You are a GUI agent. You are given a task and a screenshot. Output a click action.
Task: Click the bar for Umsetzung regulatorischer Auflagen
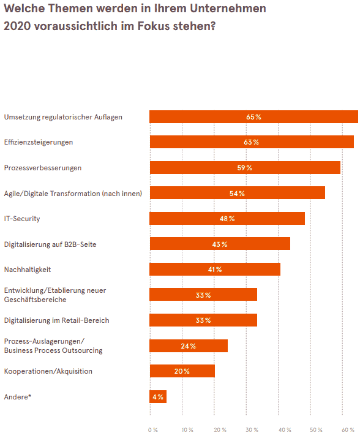coord(253,117)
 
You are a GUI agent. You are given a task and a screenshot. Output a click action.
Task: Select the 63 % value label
coord(252,142)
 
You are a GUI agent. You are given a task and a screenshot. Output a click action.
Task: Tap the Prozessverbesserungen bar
coord(245,168)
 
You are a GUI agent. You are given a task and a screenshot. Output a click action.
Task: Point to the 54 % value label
coord(237,194)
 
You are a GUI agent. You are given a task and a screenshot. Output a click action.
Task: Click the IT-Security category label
coord(22,219)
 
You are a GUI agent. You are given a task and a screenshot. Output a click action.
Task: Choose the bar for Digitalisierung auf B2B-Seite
coord(220,244)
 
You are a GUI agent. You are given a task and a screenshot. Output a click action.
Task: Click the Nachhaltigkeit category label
coord(28,270)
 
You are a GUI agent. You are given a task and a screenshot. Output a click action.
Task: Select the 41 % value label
coord(215,270)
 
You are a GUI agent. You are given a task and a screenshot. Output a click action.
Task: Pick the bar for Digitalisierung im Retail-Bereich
coord(203,320)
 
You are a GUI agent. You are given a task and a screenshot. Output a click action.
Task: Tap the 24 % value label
coord(188,346)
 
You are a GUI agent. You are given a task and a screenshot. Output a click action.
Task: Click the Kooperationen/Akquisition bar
coord(182,371)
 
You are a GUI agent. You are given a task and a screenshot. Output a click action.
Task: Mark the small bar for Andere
coord(158,397)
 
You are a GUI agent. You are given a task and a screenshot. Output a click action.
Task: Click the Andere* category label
coord(18,397)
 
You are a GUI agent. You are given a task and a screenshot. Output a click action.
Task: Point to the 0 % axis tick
coord(153,430)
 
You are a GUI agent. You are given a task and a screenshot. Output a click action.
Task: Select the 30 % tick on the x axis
coord(252,430)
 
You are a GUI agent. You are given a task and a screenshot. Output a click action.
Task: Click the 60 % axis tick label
coord(348,430)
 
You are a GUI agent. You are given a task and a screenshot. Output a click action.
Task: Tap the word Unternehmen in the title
coord(228,9)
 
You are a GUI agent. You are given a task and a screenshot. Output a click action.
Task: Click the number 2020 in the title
coord(17,26)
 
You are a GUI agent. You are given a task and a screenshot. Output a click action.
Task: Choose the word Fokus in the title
coord(154,26)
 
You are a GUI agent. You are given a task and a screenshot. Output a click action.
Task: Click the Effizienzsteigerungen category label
coord(39,142)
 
